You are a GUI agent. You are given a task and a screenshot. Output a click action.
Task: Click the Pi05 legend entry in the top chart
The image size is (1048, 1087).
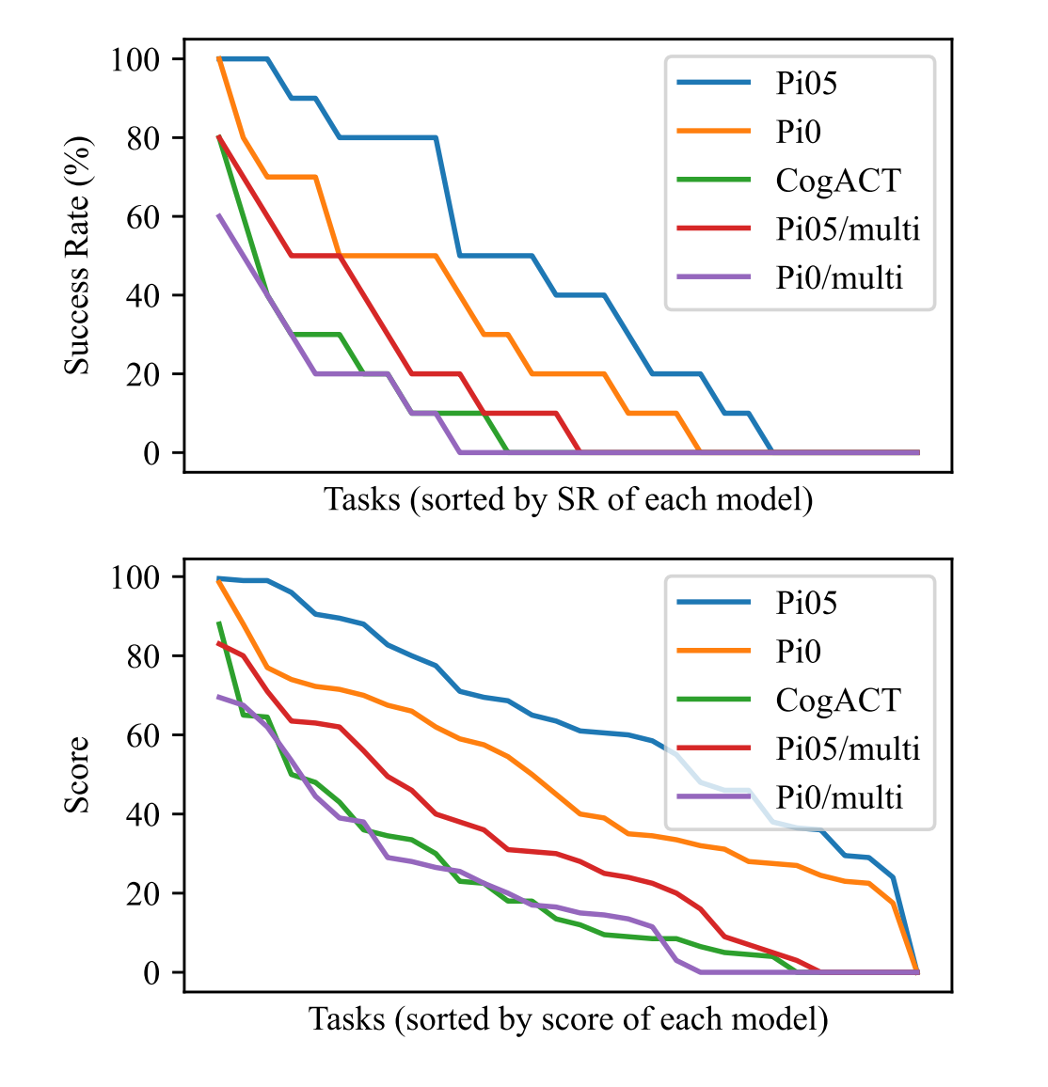806,83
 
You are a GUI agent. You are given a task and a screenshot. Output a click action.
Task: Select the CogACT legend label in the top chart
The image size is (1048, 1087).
838,181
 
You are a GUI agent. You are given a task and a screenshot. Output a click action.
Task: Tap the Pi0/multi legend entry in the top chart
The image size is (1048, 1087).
839,278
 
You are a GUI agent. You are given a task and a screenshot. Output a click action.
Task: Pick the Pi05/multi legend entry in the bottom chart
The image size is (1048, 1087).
848,749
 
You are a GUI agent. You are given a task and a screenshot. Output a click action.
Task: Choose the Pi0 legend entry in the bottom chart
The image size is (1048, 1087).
798,652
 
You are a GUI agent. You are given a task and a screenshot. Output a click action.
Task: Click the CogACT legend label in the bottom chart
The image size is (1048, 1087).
838,701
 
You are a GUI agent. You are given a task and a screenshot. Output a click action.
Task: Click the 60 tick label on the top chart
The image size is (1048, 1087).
143,216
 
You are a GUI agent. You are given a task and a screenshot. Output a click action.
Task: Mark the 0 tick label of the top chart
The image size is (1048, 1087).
151,453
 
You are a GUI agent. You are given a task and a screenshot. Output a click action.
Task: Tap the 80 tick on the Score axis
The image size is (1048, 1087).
143,655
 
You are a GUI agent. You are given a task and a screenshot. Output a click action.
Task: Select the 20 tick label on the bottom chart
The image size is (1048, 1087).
143,893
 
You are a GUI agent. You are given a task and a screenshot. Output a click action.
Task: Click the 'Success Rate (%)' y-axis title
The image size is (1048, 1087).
77,256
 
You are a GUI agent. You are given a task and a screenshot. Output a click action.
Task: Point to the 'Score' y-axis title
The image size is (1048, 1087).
77,775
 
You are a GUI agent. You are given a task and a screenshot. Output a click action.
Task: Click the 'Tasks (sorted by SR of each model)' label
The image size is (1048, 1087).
568,499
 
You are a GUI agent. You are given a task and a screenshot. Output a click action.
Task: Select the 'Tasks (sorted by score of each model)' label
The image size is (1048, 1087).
568,1019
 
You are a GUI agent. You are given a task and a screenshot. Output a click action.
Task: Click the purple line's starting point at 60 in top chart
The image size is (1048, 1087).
219,215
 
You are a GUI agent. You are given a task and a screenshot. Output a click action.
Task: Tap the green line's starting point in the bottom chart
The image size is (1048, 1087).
219,622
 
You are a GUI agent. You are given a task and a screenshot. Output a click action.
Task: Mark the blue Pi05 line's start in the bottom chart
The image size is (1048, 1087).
219,578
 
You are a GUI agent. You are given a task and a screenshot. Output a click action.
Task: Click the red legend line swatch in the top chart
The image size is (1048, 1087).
714,229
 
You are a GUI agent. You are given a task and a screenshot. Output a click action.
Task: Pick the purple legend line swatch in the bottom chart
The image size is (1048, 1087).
714,798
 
